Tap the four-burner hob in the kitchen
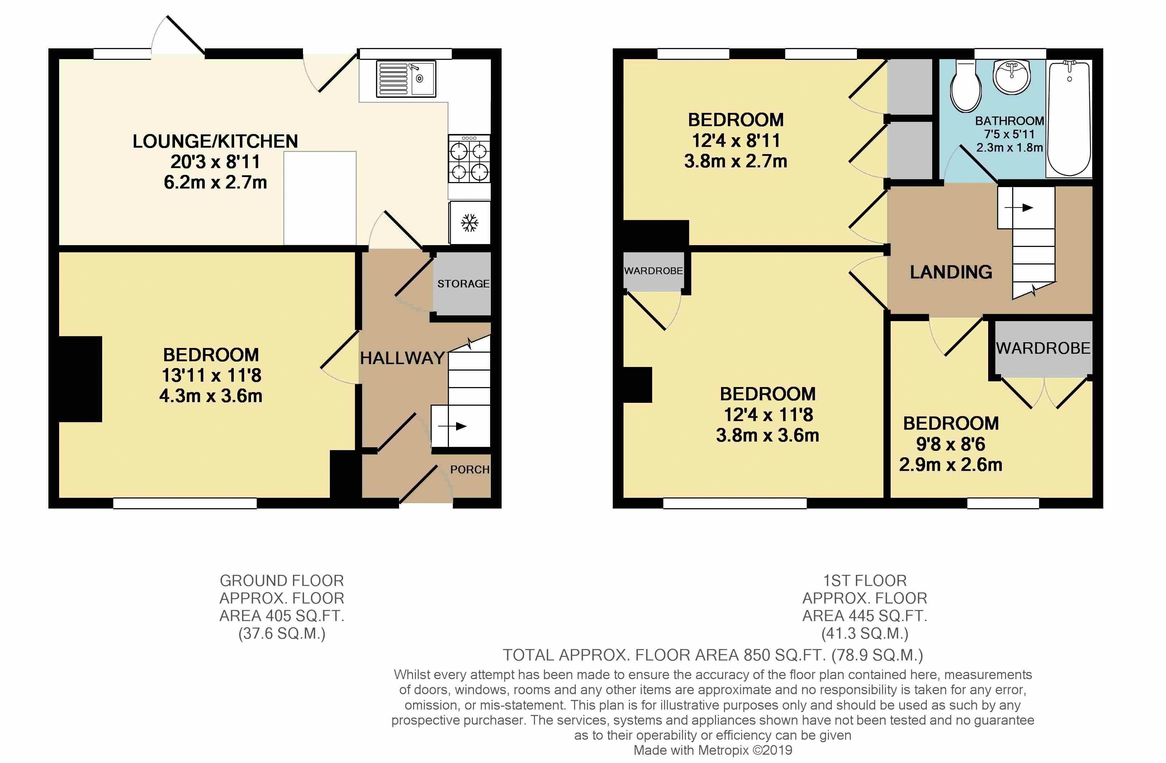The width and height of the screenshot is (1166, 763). click(469, 159)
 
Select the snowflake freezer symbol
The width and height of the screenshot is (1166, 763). click(469, 223)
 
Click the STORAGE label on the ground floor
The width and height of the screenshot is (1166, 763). click(463, 283)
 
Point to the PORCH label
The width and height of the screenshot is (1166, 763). click(469, 469)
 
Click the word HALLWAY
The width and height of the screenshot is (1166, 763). click(402, 358)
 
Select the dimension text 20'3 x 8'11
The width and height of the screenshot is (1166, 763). click(215, 162)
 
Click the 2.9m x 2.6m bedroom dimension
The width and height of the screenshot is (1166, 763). click(951, 464)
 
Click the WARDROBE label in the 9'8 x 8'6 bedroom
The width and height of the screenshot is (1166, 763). click(1043, 348)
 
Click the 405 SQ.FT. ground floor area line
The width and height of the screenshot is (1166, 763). click(282, 616)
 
